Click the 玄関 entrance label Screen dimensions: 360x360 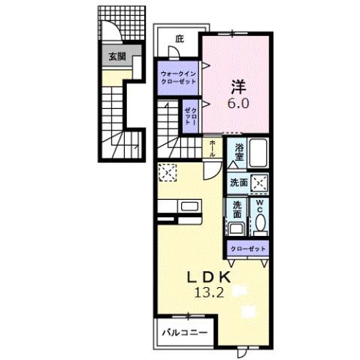[116, 56]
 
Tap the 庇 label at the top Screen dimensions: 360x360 [179, 38]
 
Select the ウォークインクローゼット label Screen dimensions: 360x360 [177, 77]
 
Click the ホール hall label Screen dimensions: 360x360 [213, 148]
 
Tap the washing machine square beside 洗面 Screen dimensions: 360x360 [259, 183]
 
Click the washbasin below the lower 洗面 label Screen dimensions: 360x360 [237, 231]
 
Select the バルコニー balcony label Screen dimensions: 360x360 [182, 329]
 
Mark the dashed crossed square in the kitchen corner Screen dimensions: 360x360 [167, 173]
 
